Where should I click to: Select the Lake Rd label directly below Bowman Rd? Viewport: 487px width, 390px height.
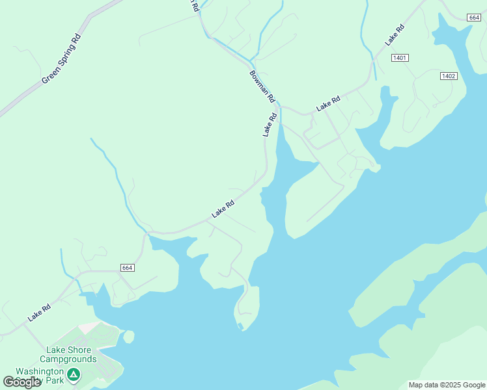click(270, 125)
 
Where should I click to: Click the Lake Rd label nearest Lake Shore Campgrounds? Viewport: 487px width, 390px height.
click(39, 313)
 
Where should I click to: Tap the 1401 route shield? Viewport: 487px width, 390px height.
click(400, 58)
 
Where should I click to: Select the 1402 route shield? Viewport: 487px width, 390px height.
click(448, 76)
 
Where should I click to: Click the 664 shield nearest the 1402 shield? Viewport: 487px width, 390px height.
click(473, 18)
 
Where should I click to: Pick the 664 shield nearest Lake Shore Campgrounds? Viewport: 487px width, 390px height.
click(127, 268)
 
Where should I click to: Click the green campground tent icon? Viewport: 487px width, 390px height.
click(74, 374)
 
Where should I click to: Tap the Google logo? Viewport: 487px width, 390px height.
click(22, 382)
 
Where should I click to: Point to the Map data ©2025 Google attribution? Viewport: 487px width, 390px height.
click(447, 385)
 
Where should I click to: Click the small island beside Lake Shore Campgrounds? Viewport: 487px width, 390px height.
click(128, 337)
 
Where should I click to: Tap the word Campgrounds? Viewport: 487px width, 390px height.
click(68, 359)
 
